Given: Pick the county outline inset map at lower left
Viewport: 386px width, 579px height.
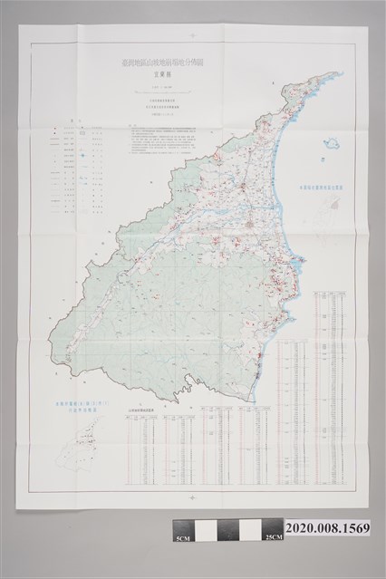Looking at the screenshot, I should [x=75, y=444].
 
